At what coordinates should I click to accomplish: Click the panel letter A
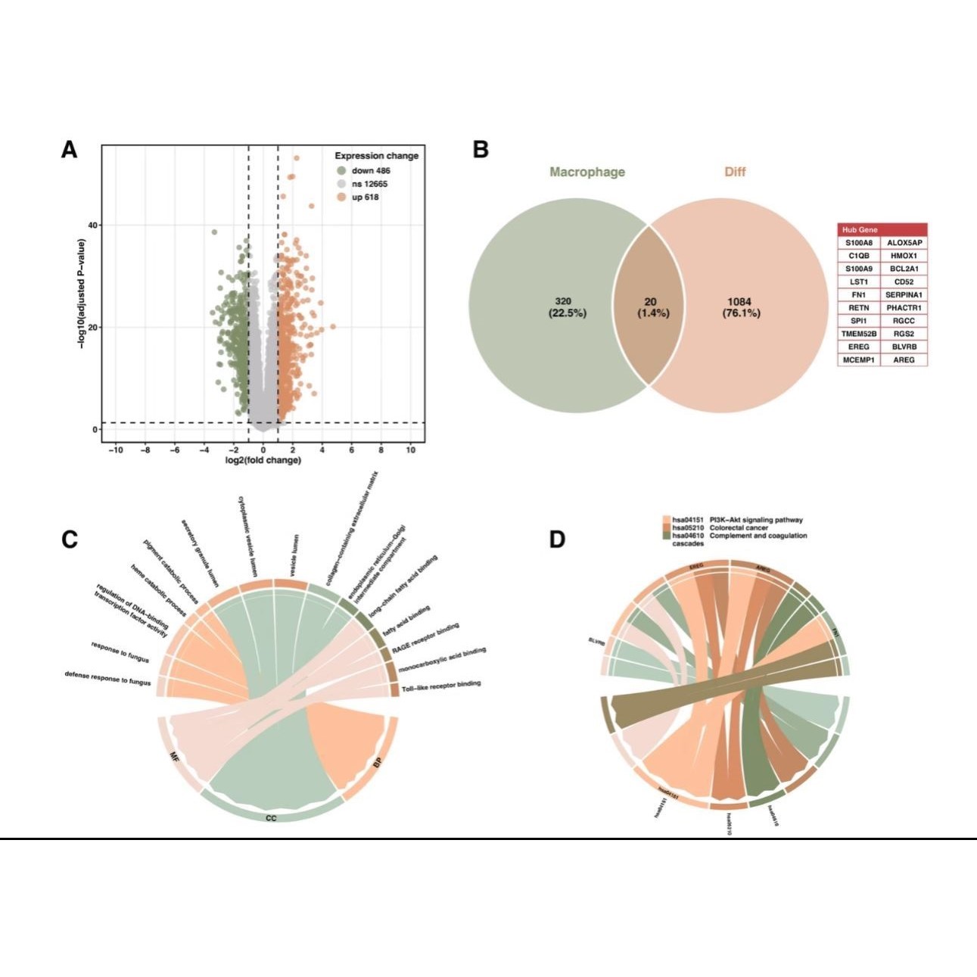point(69,151)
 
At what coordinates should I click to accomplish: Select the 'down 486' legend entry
point(370,171)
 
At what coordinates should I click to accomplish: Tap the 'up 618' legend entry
point(365,198)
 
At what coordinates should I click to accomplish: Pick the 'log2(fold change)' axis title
point(263,460)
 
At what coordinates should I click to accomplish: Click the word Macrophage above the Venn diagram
point(587,172)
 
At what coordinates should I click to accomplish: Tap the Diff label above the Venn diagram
point(735,172)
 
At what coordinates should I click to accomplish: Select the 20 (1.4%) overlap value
point(652,307)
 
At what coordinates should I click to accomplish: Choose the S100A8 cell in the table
point(859,243)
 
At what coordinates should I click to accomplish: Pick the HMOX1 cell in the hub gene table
point(904,256)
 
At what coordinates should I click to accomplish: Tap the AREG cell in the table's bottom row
point(904,359)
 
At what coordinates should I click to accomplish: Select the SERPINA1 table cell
point(904,294)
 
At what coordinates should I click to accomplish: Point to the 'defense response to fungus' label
point(107,678)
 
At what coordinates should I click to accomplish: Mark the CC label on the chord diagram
point(271,818)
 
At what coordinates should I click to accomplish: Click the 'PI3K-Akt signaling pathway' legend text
point(756,520)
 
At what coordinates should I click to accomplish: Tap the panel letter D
point(557,540)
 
